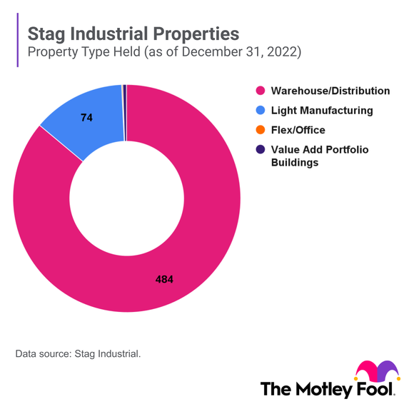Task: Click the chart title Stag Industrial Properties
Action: [x=133, y=34]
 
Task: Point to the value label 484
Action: [x=165, y=279]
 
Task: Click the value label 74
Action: [x=87, y=117]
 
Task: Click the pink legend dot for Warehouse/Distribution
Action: [x=260, y=91]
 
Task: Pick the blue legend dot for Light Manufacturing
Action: [x=260, y=111]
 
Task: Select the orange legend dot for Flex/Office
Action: [x=260, y=130]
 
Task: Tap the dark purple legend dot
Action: [x=260, y=149]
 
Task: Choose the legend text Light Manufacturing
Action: [x=321, y=111]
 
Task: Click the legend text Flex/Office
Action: [x=298, y=130]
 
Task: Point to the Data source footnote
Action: [x=79, y=353]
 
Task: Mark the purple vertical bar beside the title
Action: [x=16, y=42]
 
